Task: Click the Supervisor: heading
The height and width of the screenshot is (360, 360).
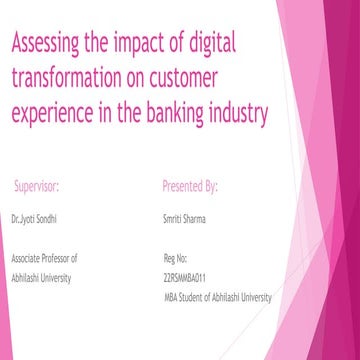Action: [37, 186]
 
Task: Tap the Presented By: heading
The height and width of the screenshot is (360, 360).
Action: [190, 186]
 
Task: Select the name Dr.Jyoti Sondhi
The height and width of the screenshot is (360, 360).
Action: [35, 217]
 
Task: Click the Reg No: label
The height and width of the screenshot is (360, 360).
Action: [175, 257]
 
